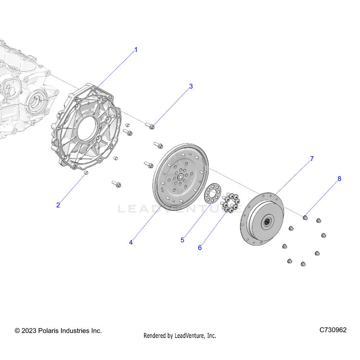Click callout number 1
tap(136, 49)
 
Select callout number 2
tap(58, 205)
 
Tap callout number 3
tap(191, 86)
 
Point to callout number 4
tap(131, 242)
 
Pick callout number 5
tap(182, 240)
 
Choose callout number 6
tap(200, 248)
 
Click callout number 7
tap(312, 159)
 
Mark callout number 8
tap(339, 179)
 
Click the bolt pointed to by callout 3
tap(150, 126)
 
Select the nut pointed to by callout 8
tap(305, 217)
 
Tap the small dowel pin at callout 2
tap(86, 173)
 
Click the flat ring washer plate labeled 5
tap(213, 193)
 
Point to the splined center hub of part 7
tap(267, 222)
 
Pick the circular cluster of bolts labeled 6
tap(230, 203)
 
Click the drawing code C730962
tap(333, 330)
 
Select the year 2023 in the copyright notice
tap(29, 331)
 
